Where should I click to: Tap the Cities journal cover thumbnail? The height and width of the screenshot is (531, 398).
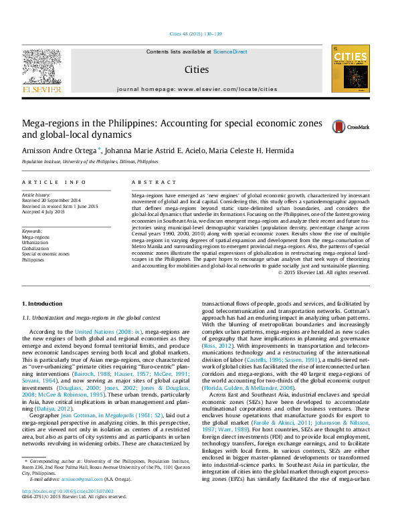click(350, 69)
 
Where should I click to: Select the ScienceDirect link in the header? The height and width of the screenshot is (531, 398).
click(231, 51)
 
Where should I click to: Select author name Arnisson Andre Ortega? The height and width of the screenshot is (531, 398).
click(60, 151)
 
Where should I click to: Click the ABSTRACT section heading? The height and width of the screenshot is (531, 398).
click(150, 183)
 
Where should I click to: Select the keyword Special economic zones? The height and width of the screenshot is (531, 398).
click(45, 254)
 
